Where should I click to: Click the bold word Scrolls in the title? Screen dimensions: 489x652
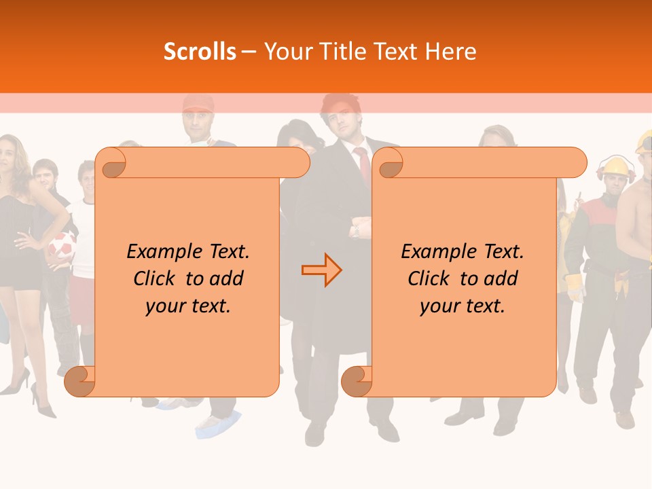coord(200,52)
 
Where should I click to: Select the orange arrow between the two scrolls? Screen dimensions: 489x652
coord(321,270)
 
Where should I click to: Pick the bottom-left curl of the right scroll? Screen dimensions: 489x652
coord(357,381)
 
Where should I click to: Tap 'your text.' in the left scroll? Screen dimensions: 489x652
coord(188,306)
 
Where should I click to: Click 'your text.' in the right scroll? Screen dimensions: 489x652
coord(463,306)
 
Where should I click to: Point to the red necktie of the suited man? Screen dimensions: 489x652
coord(364,163)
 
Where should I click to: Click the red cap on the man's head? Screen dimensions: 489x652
coord(198,103)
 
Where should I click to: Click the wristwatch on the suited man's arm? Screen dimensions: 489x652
coord(355,231)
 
